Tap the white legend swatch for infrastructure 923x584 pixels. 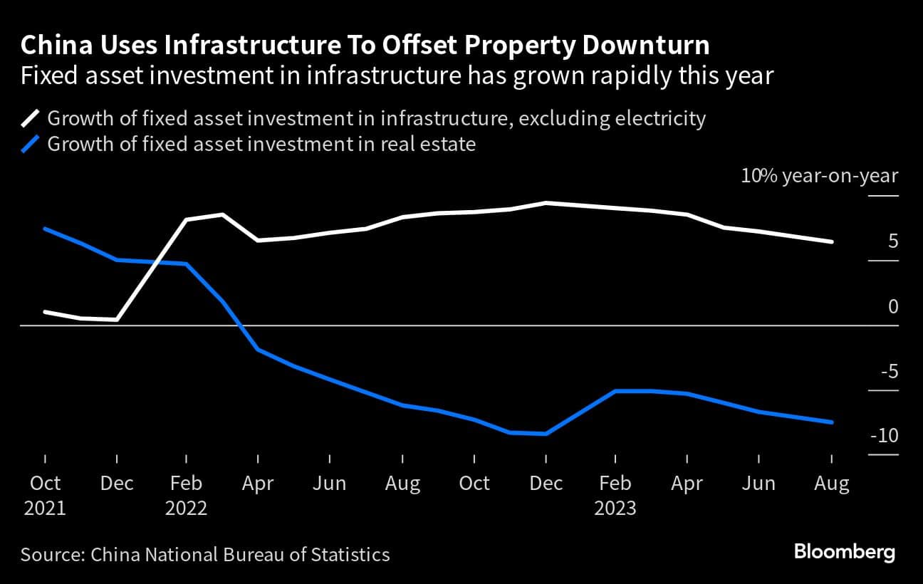[31, 118]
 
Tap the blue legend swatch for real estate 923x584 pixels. [31, 145]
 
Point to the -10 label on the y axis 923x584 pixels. [882, 435]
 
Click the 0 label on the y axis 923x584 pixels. [892, 306]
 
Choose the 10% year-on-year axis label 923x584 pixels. [820, 176]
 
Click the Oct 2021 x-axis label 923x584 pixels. [46, 495]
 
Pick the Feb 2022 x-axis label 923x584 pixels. [186, 495]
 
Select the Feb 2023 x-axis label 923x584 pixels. [615, 495]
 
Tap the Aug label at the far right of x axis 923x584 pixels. [831, 484]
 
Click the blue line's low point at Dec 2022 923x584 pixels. [546, 433]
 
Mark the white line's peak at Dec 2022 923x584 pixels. [546, 203]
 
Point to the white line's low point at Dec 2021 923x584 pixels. [116, 320]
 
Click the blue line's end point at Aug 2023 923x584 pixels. [832, 422]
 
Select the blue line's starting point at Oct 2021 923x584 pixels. [45, 229]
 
